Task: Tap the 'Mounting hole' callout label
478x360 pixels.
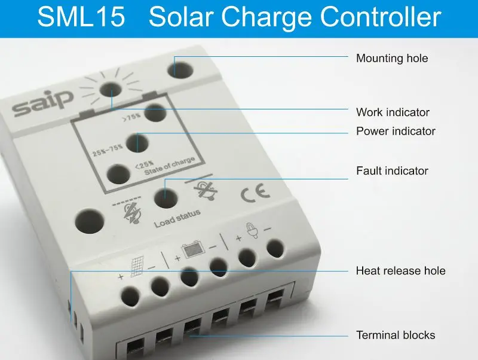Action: coord(392,58)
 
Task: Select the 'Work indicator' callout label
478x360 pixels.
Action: coord(393,112)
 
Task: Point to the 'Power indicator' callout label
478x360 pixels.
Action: coord(396,130)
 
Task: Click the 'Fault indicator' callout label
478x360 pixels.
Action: coord(392,170)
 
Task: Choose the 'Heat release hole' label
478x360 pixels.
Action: coord(400,270)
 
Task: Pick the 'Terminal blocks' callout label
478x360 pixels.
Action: coord(396,334)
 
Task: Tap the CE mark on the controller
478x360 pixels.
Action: coord(255,193)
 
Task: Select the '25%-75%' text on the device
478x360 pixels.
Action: coord(108,150)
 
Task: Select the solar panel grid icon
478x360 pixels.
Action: coord(136,267)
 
